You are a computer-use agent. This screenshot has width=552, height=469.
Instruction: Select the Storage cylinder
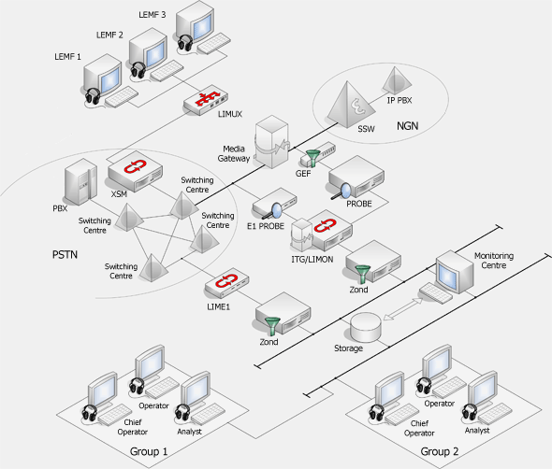(x=366, y=328)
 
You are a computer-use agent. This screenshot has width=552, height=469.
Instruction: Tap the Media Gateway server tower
(x=272, y=141)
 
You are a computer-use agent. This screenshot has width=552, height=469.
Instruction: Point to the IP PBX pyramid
(x=397, y=81)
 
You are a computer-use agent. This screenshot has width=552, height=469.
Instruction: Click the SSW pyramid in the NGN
(x=349, y=106)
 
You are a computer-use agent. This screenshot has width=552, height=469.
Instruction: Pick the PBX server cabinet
(x=80, y=181)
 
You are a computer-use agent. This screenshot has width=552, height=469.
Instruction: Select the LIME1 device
(x=227, y=283)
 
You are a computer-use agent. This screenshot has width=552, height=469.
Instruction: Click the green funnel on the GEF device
(x=312, y=158)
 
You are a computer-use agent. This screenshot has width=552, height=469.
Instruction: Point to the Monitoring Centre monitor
(x=454, y=272)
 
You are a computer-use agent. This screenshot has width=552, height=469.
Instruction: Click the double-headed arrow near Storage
(x=402, y=309)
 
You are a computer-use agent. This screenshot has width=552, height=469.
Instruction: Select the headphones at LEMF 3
(x=185, y=43)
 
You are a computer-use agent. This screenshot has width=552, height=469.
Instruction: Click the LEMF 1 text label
(x=67, y=57)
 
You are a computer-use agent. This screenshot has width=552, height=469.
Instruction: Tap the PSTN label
(x=65, y=254)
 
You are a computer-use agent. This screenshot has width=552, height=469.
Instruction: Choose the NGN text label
(x=408, y=126)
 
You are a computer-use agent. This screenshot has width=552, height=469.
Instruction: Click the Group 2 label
(x=440, y=451)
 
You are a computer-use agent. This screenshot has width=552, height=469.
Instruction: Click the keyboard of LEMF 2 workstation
(x=167, y=70)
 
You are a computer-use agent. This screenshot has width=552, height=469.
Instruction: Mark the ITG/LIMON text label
(x=312, y=260)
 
